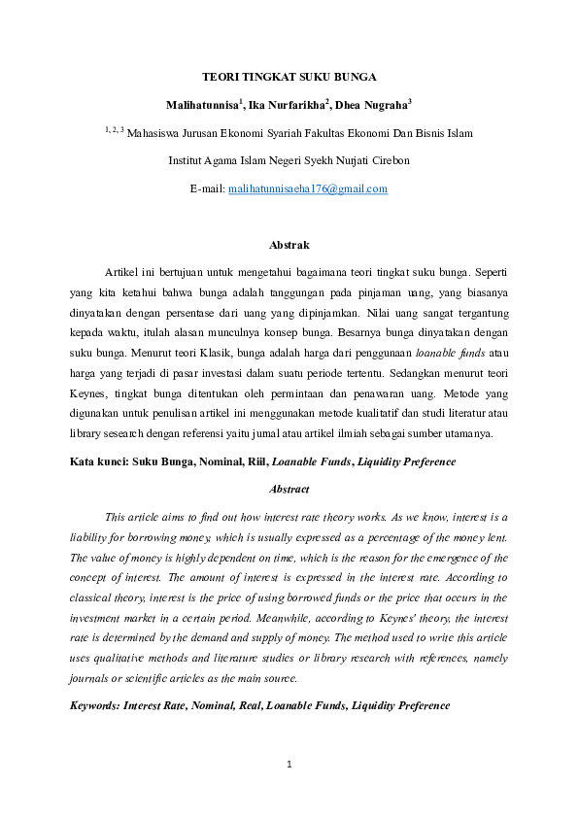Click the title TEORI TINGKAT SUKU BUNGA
(x=289, y=75)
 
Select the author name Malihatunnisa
(x=201, y=104)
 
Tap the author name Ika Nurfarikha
(x=287, y=104)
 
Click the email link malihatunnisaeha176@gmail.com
(x=307, y=188)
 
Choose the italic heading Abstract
(x=289, y=490)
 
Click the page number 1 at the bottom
(x=289, y=766)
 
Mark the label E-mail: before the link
(x=207, y=188)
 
